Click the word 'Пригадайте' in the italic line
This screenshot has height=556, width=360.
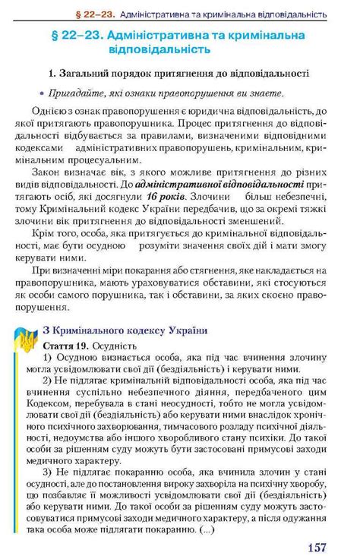78,93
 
